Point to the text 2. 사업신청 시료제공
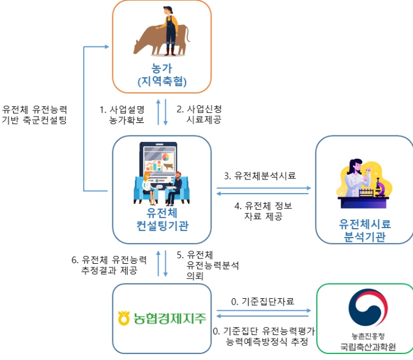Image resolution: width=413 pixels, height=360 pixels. point(199,115)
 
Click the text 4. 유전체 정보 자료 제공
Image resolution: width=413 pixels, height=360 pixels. point(264,211)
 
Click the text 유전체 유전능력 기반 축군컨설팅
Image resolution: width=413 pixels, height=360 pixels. point(34,114)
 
